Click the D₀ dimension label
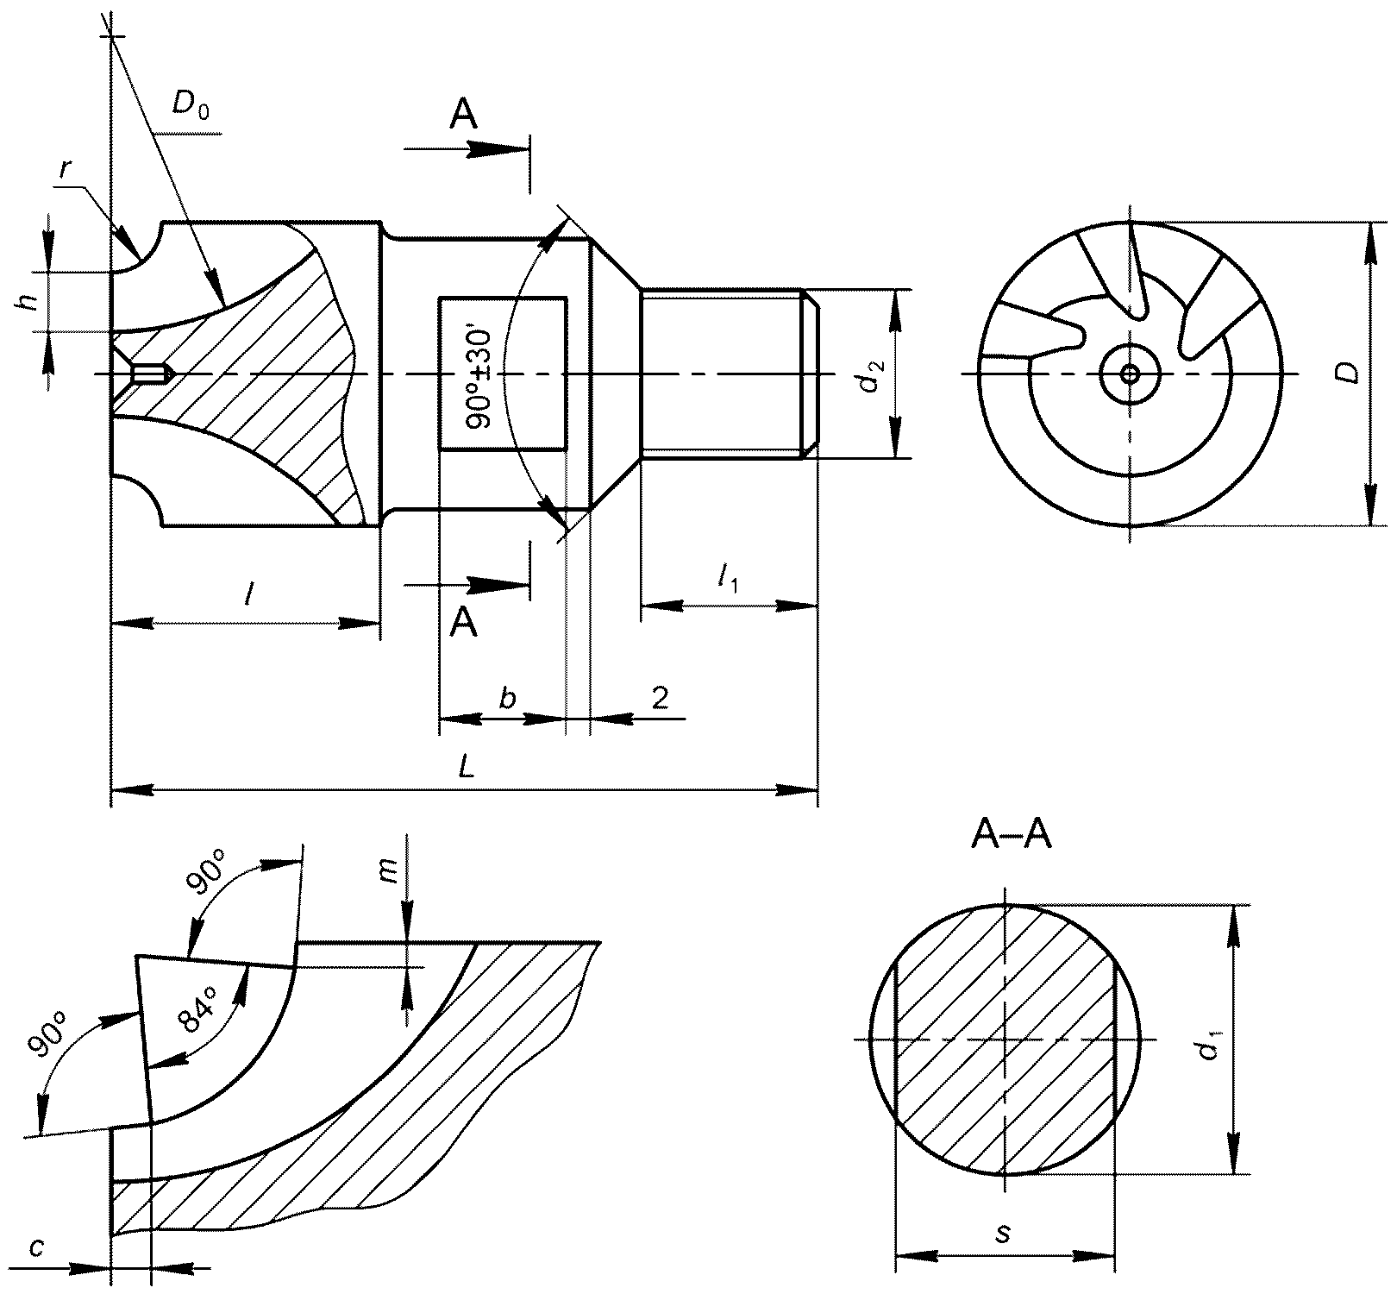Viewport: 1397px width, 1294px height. (190, 105)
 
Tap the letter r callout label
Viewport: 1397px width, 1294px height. (66, 170)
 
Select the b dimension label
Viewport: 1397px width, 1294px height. (507, 697)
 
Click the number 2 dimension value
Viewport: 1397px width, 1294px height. (660, 697)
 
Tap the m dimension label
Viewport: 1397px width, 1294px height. (389, 871)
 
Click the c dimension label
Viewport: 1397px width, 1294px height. (34, 1247)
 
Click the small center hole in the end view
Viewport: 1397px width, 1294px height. (1130, 374)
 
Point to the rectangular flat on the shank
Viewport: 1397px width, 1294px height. (503, 374)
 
